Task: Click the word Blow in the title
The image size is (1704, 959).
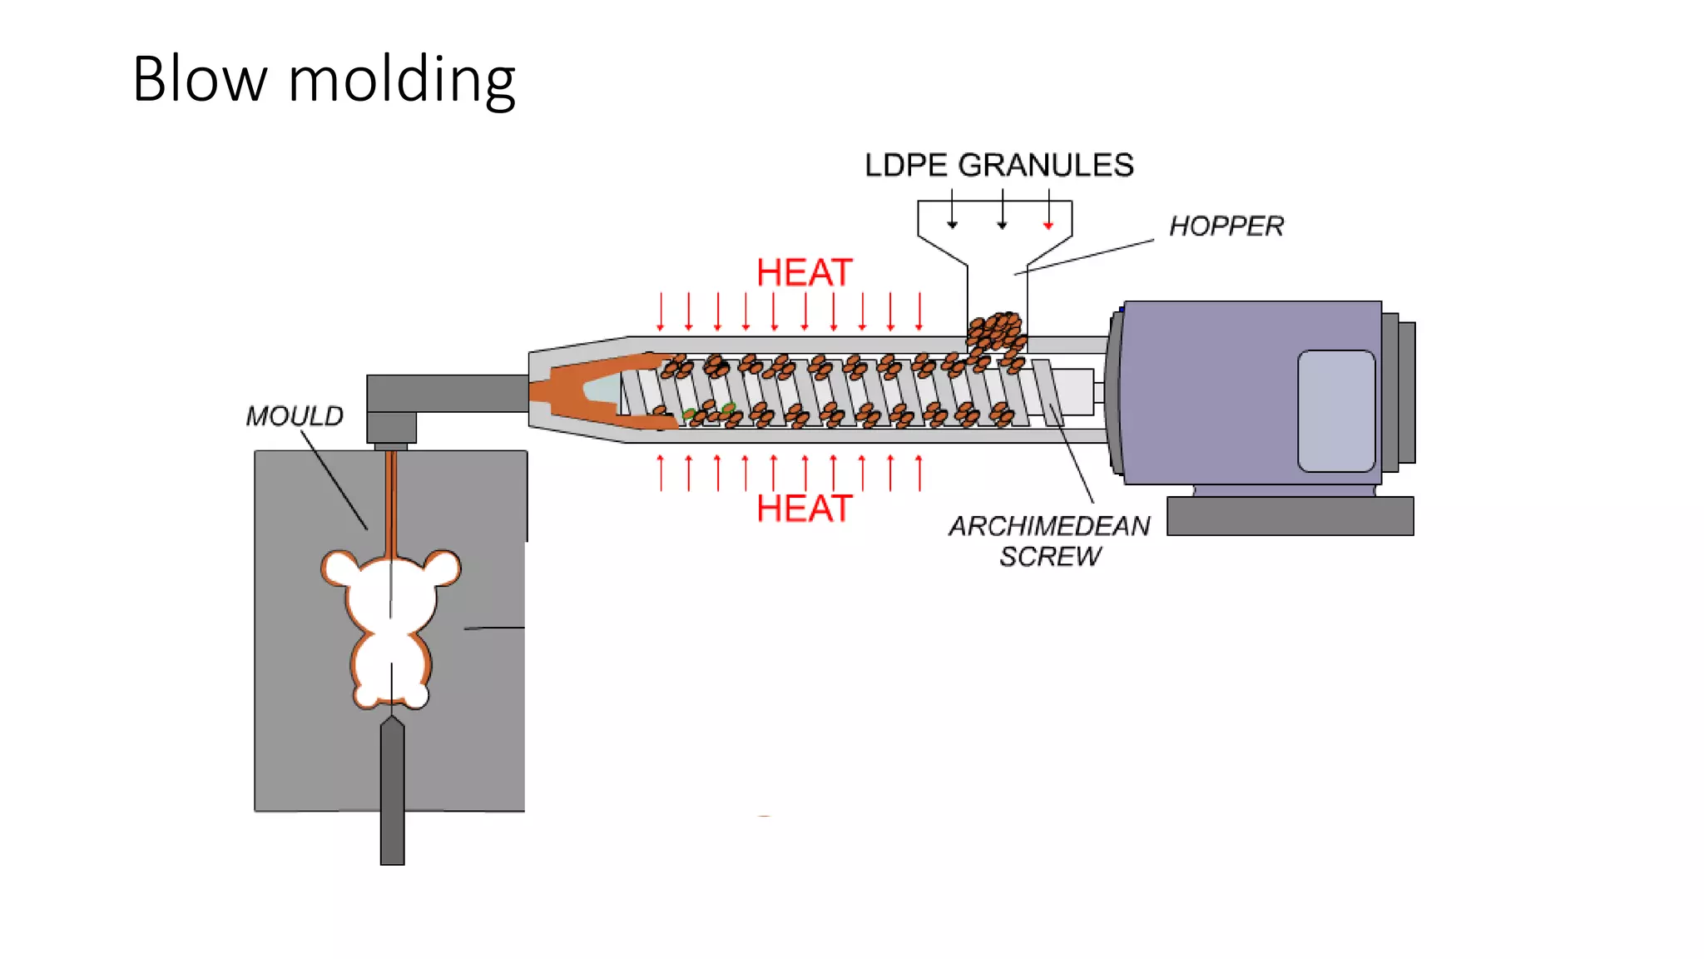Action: [x=200, y=79]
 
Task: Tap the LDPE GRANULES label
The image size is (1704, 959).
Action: [x=998, y=165]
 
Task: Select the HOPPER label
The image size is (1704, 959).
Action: [x=1226, y=226]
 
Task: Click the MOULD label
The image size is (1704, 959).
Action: [x=295, y=415]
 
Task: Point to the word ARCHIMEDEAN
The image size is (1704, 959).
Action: [x=1049, y=525]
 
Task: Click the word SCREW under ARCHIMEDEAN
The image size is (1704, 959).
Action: [x=1050, y=556]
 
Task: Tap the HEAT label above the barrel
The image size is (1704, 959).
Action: [x=804, y=273]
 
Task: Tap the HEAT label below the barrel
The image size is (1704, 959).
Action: [x=804, y=509]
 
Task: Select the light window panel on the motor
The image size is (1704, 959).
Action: [x=1335, y=410]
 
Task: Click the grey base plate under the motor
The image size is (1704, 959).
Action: [x=1290, y=516]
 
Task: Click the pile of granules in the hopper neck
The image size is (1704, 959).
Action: [x=997, y=331]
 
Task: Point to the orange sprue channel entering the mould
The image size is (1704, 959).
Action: [x=390, y=499]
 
